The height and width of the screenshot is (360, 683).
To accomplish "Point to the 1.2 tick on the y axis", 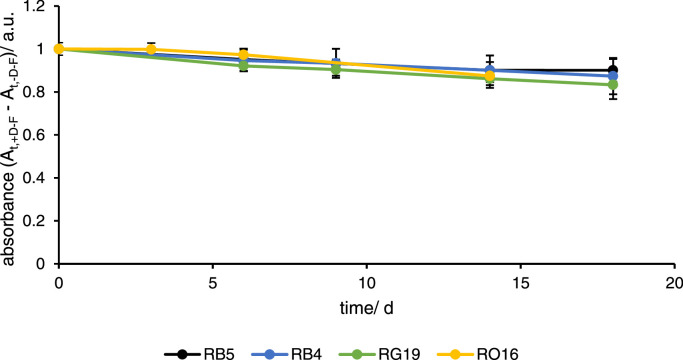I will click(41, 6).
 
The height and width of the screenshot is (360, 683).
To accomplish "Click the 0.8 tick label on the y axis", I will click(41, 92).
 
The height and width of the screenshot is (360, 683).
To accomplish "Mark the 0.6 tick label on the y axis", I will click(41, 135).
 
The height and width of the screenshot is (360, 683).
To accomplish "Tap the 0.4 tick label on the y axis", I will click(41, 178).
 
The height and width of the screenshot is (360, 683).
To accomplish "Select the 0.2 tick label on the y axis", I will click(41, 221).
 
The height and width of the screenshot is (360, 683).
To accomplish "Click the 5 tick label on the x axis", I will click(213, 281).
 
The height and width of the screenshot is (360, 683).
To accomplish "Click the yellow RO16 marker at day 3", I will click(151, 49).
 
